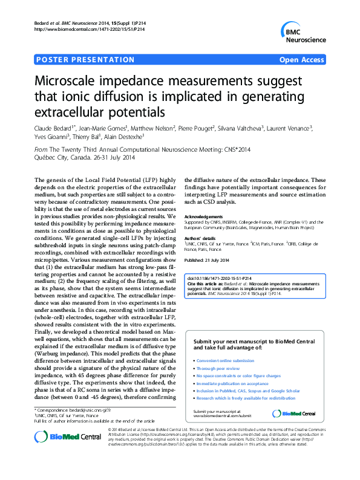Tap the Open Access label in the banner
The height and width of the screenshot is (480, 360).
pos(301,60)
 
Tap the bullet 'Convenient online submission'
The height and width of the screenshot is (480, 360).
pos(225,360)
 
